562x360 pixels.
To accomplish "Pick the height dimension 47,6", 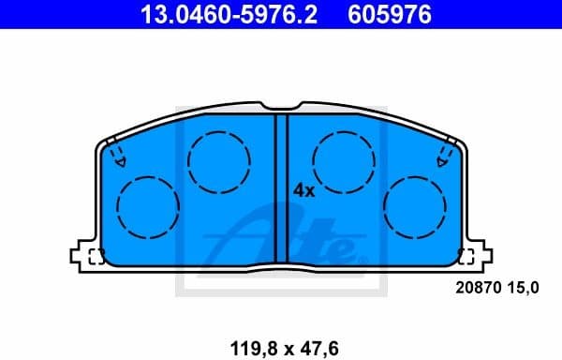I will coord(318,348).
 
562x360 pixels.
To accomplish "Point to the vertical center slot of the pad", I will coord(281,187).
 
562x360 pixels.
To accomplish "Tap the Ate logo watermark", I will coord(281,239).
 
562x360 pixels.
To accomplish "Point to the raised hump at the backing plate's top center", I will coord(281,106).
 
